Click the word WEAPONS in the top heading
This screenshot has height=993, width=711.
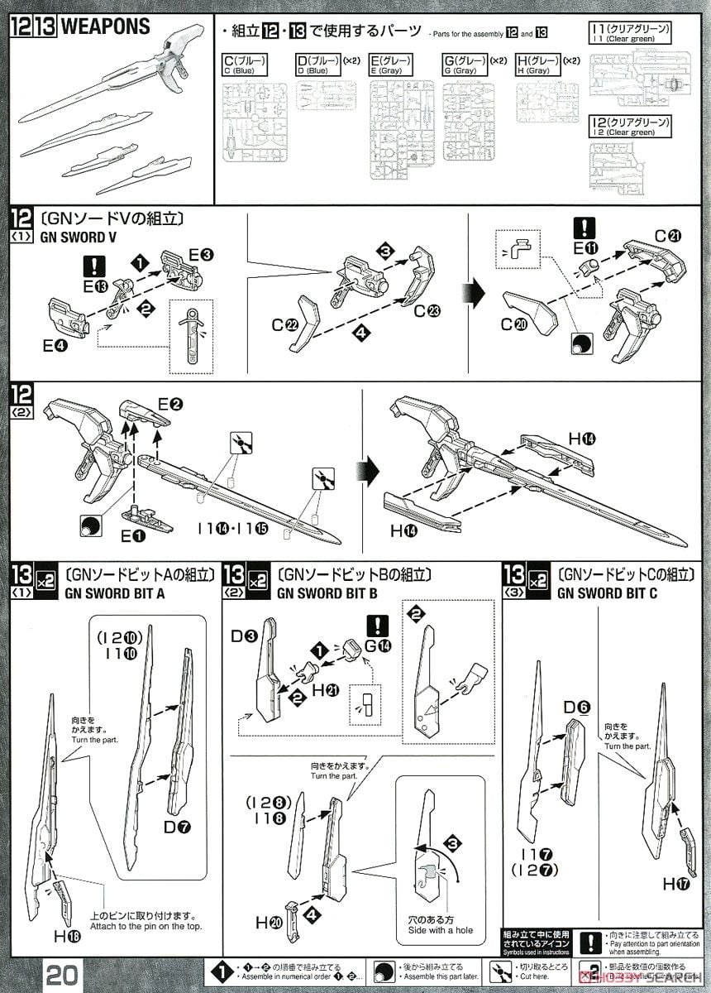(x=106, y=26)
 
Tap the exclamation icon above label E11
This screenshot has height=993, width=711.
(x=585, y=227)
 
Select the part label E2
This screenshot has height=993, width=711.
(x=169, y=404)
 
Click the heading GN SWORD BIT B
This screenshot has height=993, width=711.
(x=327, y=592)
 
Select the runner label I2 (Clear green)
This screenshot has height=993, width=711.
(x=630, y=127)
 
